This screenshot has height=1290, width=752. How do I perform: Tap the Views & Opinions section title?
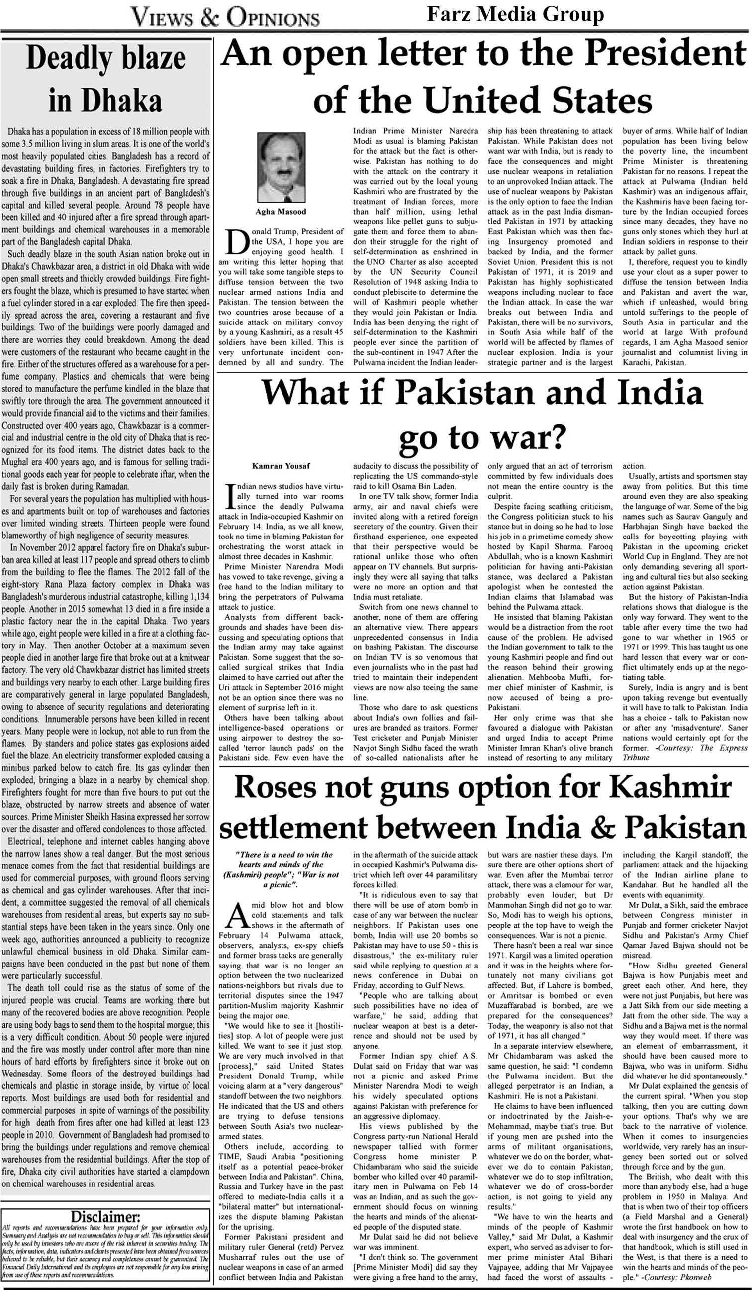coord(225,18)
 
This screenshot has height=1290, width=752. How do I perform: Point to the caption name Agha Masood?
coord(281,212)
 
